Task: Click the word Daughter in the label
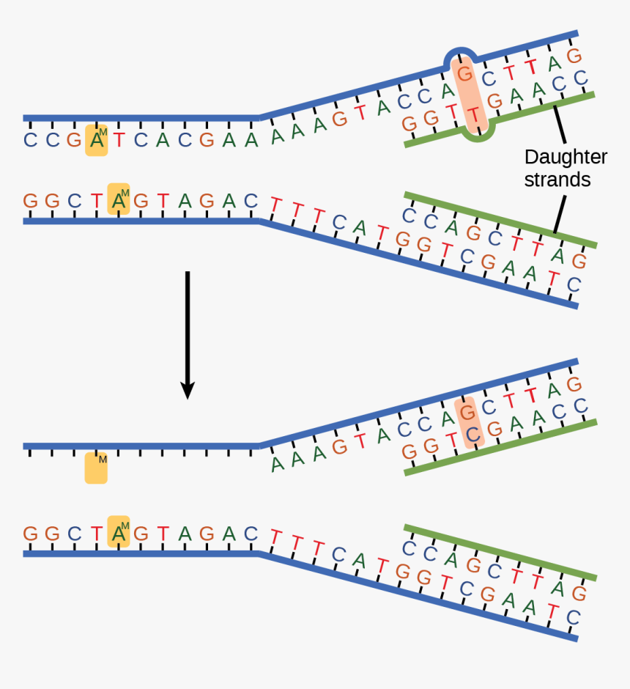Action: click(566, 157)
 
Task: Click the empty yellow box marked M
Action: click(96, 468)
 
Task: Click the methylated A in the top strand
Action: click(96, 141)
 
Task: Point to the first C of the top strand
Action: click(30, 141)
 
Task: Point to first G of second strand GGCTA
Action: click(30, 201)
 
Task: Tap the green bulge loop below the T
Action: click(479, 136)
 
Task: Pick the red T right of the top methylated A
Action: click(118, 141)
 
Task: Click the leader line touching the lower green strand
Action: click(557, 218)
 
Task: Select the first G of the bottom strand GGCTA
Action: click(30, 534)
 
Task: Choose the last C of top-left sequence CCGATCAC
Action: click(185, 141)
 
